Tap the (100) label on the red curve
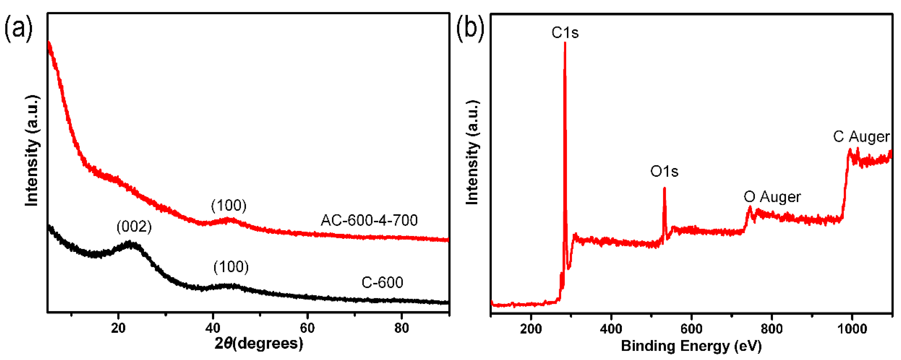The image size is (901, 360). pyautogui.click(x=229, y=205)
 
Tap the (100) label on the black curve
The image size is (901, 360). pyautogui.click(x=231, y=267)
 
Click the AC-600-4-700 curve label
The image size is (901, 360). pyautogui.click(x=369, y=220)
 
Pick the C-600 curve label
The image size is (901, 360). pyautogui.click(x=382, y=283)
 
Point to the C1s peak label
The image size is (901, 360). pyautogui.click(x=565, y=33)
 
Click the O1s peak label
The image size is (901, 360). pyautogui.click(x=664, y=172)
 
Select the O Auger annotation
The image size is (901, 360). pyautogui.click(x=772, y=197)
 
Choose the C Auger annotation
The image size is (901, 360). pyautogui.click(x=861, y=137)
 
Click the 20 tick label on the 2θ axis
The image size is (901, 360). pyautogui.click(x=118, y=328)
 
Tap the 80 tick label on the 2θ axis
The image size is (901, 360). pyautogui.click(x=402, y=328)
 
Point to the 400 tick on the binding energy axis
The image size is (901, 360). pyautogui.click(x=611, y=329)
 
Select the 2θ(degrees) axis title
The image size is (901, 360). pyautogui.click(x=259, y=344)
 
